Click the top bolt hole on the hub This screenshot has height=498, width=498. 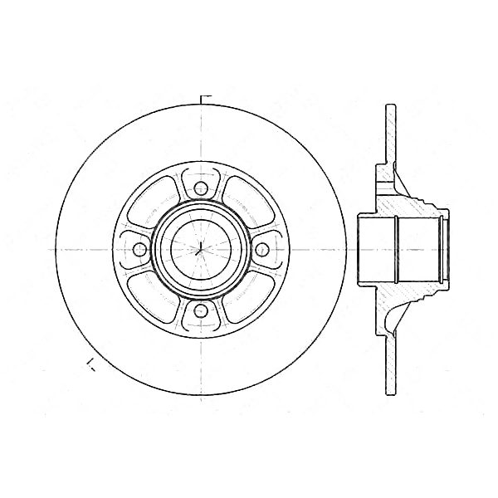coord(200,187)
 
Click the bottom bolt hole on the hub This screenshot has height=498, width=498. coord(200,310)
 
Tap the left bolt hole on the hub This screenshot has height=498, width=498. coord(139,248)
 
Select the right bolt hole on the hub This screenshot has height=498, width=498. coord(262,248)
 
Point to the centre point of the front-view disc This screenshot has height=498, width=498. coord(200,248)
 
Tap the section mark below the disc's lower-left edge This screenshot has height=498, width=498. coord(90,362)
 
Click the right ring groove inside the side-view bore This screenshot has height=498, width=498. coord(442,248)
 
